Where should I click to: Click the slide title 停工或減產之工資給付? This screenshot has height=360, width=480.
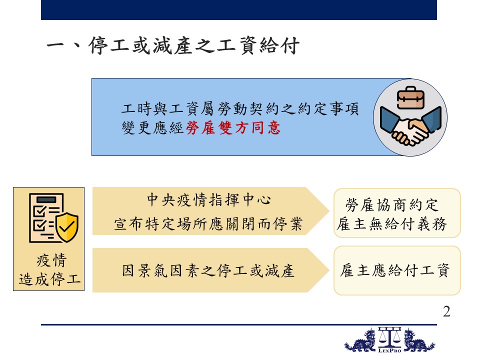(x=194, y=46)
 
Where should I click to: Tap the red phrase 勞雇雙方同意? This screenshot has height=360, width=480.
(x=233, y=128)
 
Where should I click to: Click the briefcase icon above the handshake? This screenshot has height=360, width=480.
(x=410, y=97)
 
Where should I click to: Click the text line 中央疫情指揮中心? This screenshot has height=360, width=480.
(x=209, y=200)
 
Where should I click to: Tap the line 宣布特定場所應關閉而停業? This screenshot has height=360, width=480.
(x=208, y=224)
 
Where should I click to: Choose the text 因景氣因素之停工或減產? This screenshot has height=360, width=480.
(x=208, y=271)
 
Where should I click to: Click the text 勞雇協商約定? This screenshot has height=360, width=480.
(x=392, y=205)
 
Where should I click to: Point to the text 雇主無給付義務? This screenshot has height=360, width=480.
(x=392, y=224)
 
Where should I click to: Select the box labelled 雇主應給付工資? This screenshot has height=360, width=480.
(x=397, y=270)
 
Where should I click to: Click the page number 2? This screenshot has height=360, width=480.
(x=446, y=311)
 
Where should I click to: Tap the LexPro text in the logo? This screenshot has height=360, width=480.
(x=389, y=350)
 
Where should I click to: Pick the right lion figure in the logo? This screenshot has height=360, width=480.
(x=419, y=340)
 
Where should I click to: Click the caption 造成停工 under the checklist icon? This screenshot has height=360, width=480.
(x=49, y=279)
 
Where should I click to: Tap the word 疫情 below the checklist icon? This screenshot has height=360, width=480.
(x=51, y=260)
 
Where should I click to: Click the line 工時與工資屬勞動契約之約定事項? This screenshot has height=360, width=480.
(x=240, y=108)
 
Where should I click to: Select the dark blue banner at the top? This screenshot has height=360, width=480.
(x=239, y=10)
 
